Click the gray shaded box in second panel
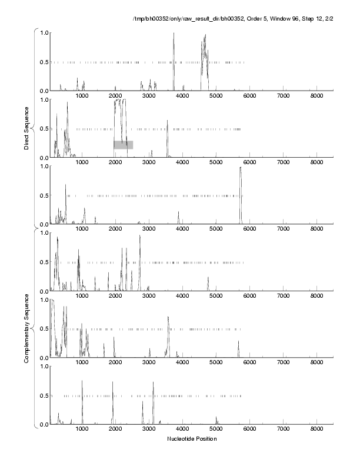pos(124,145)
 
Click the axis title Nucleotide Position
pos(191,438)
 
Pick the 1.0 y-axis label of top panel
pos(43,32)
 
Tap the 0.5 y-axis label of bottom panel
pos(43,395)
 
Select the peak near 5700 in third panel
pos(241,168)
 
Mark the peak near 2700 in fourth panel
pos(139,236)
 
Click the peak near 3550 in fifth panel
pos(168,318)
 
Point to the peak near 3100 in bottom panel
pos(153,382)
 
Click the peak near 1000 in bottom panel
pos(82,381)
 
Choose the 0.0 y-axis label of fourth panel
pos(43,291)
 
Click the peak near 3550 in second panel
pos(167,122)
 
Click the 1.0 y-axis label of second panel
pos(43,99)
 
